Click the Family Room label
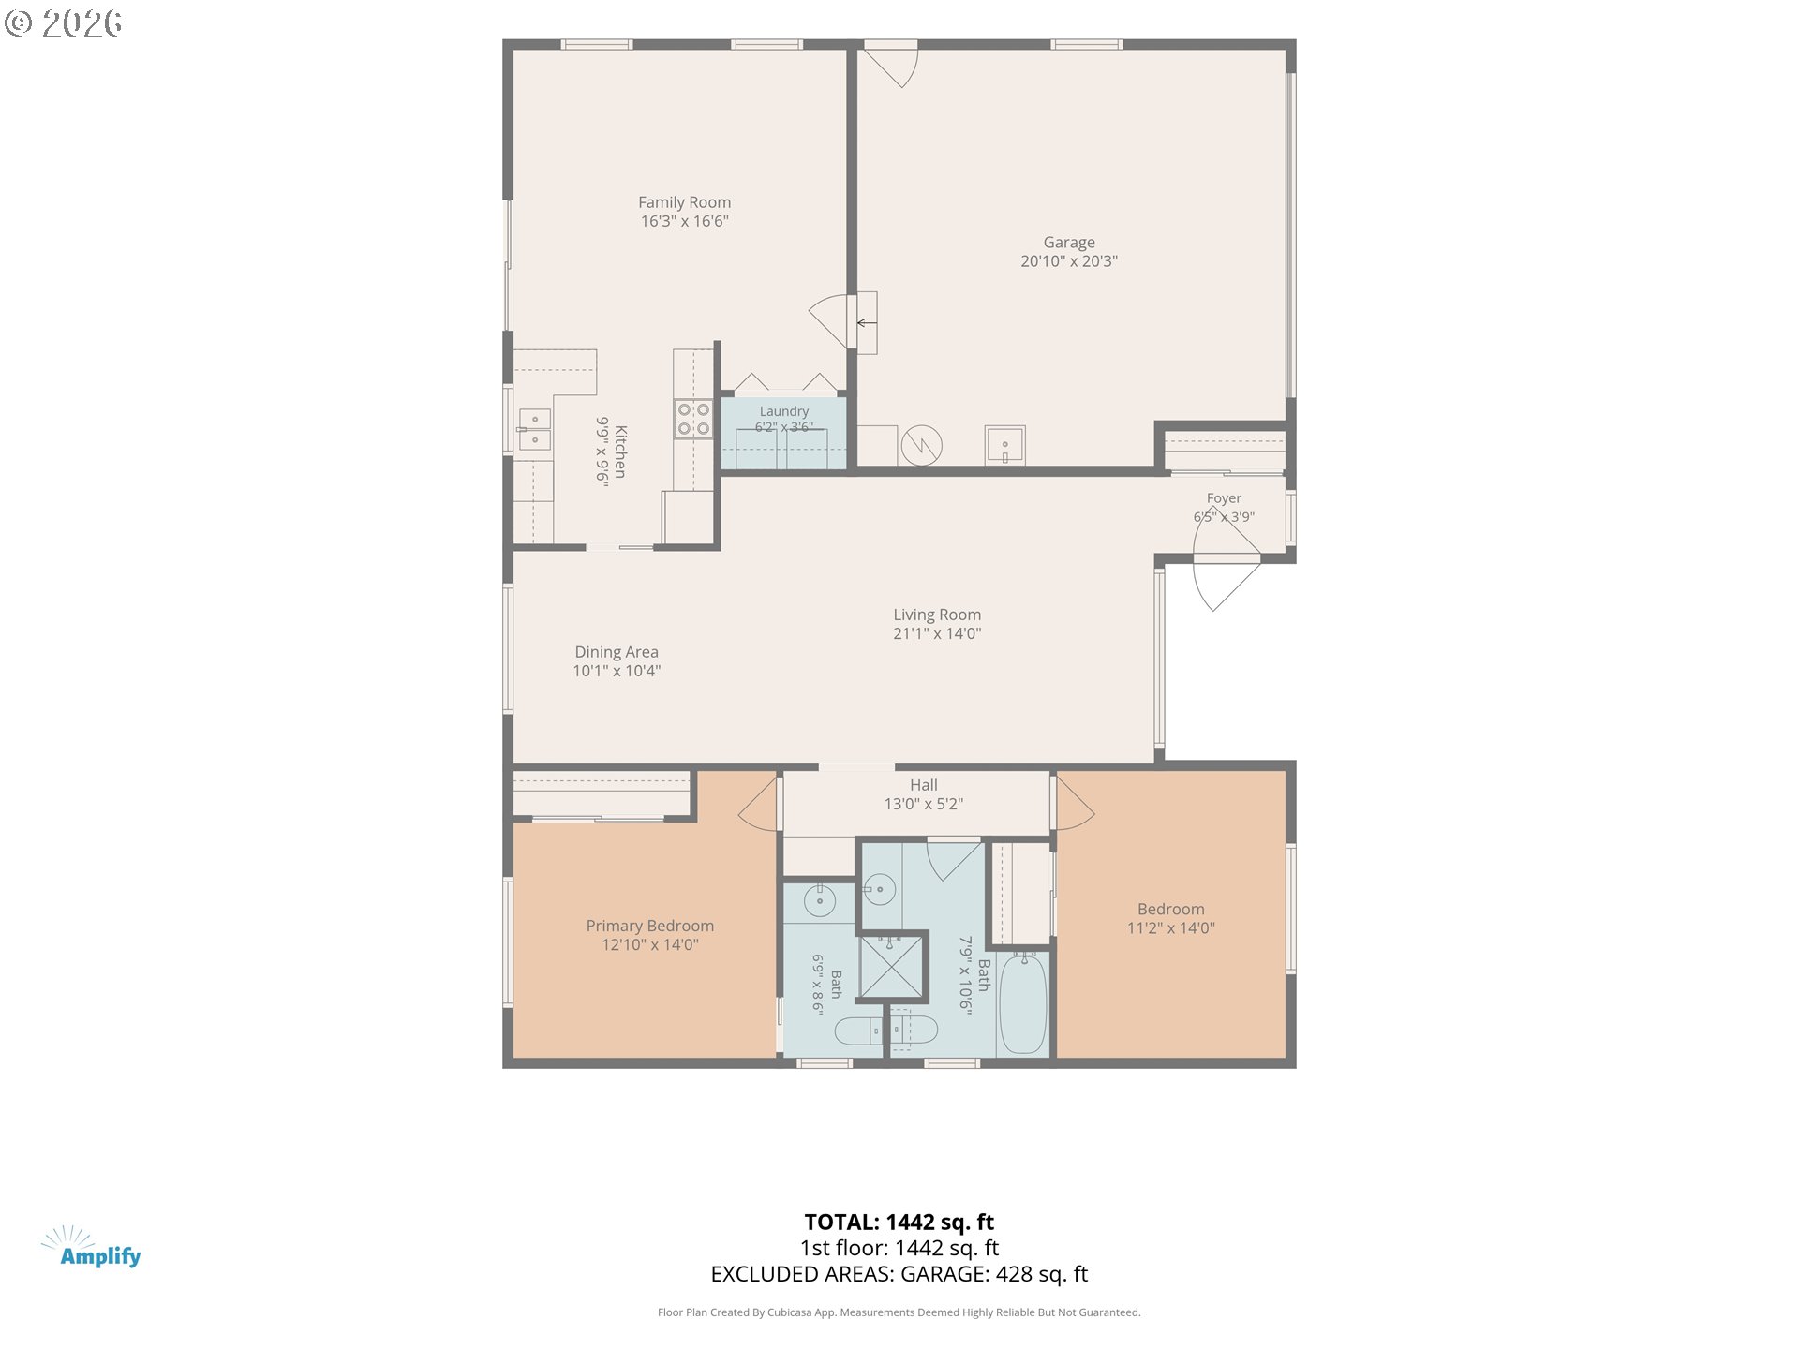pos(684,202)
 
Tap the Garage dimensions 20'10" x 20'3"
pos(1069,261)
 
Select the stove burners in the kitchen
pos(693,419)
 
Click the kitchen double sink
pos(535,429)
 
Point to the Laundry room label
pos(784,411)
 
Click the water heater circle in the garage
pos(921,445)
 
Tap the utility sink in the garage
pos(1004,445)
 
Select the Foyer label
pos(1224,498)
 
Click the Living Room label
pos(937,615)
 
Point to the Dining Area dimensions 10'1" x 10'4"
pos(617,671)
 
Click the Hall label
pos(924,785)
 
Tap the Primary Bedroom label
pos(650,926)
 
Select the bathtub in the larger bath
pos(1023,1003)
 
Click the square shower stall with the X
pos(891,966)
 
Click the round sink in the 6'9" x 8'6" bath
pos(820,901)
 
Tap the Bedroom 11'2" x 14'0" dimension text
pos(1171,928)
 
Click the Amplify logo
pos(92,1248)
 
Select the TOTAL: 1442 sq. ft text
pos(899,1222)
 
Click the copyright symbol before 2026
pos(18,23)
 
